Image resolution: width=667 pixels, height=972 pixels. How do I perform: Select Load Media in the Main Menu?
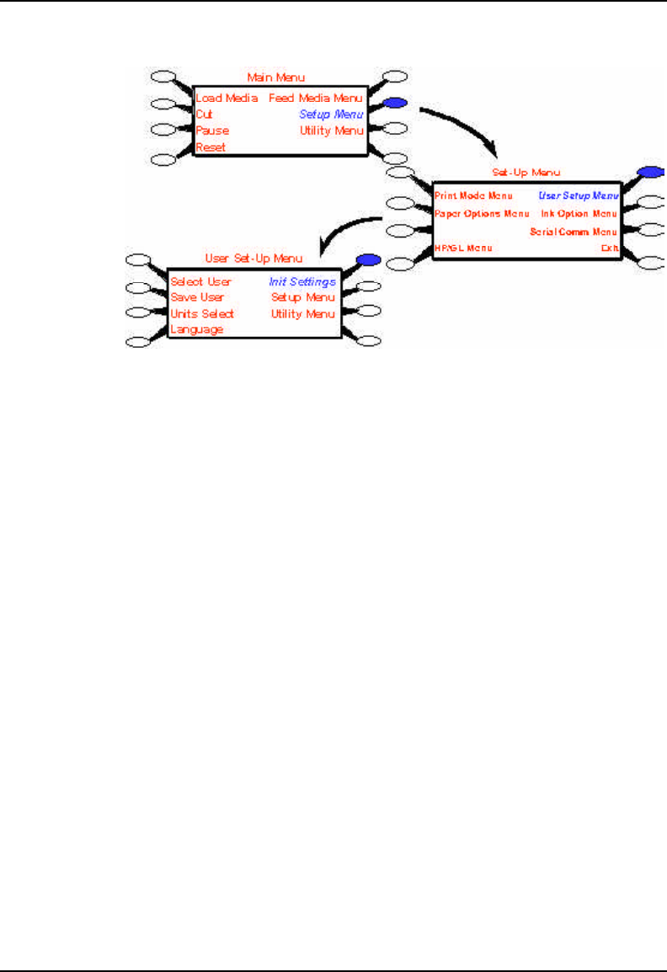[227, 98]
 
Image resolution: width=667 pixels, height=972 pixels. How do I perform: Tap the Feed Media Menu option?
[316, 98]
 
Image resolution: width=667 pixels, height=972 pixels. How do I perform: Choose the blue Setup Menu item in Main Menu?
[332, 114]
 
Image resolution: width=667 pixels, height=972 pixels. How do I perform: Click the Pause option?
[212, 131]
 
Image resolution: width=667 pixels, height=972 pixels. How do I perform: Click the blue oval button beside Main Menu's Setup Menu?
[395, 104]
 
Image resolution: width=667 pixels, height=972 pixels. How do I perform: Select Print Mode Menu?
[473, 195]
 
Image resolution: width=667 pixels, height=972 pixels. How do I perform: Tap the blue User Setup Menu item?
[579, 195]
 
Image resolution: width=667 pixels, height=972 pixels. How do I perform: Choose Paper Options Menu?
[482, 214]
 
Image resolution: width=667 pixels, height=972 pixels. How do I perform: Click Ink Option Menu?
[579, 214]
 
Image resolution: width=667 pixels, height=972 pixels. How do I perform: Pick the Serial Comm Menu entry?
[574, 231]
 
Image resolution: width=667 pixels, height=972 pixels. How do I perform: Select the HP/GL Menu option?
[463, 248]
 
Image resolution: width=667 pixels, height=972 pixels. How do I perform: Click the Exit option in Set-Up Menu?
[609, 248]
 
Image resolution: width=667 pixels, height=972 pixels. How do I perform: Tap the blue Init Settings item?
[302, 281]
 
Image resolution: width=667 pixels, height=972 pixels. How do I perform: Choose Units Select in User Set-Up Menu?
[202, 313]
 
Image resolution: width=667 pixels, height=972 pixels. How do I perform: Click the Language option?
[196, 329]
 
